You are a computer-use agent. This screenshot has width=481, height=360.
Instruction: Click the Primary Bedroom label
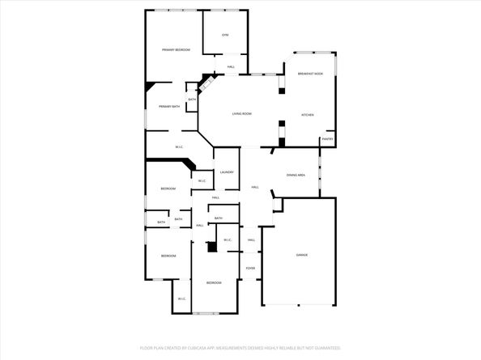(x=176, y=50)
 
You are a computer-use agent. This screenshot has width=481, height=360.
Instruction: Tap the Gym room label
(x=225, y=35)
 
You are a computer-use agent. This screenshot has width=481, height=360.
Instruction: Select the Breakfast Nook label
(x=310, y=74)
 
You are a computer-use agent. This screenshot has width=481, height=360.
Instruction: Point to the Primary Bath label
(x=169, y=107)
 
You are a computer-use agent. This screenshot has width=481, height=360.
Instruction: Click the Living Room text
(x=242, y=114)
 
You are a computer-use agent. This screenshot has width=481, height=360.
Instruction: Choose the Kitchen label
(x=308, y=115)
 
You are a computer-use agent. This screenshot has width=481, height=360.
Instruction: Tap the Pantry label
(x=328, y=139)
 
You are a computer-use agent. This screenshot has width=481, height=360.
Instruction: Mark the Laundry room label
(x=227, y=172)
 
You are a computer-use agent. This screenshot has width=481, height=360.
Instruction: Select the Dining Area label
(x=296, y=175)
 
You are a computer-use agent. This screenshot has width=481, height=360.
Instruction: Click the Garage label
(x=300, y=256)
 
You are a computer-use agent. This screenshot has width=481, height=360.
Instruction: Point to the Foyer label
(x=251, y=268)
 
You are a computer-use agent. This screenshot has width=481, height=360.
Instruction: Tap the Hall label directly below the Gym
(x=231, y=66)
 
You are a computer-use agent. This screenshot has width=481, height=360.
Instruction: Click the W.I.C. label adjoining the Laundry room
(x=202, y=180)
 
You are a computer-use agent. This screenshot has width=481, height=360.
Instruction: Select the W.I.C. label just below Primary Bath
(x=179, y=146)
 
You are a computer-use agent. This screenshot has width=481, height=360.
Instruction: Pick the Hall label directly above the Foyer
(x=251, y=240)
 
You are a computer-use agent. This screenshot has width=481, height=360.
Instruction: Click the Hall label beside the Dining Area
(x=254, y=188)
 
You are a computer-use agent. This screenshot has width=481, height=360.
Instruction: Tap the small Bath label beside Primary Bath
(x=192, y=100)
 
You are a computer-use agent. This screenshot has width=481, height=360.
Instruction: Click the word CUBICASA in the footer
(x=198, y=348)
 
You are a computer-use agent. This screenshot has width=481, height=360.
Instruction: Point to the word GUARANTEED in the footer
(x=324, y=348)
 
